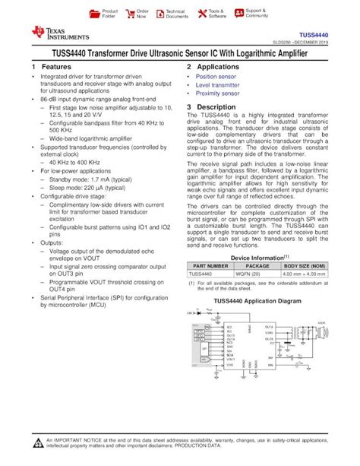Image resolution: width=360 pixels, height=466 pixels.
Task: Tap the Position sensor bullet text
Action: (x=216, y=77)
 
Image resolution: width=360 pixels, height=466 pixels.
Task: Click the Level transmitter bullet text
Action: (x=218, y=85)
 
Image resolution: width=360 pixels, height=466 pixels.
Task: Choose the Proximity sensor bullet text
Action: (x=218, y=94)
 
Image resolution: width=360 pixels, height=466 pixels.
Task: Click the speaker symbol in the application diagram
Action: (x=323, y=333)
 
